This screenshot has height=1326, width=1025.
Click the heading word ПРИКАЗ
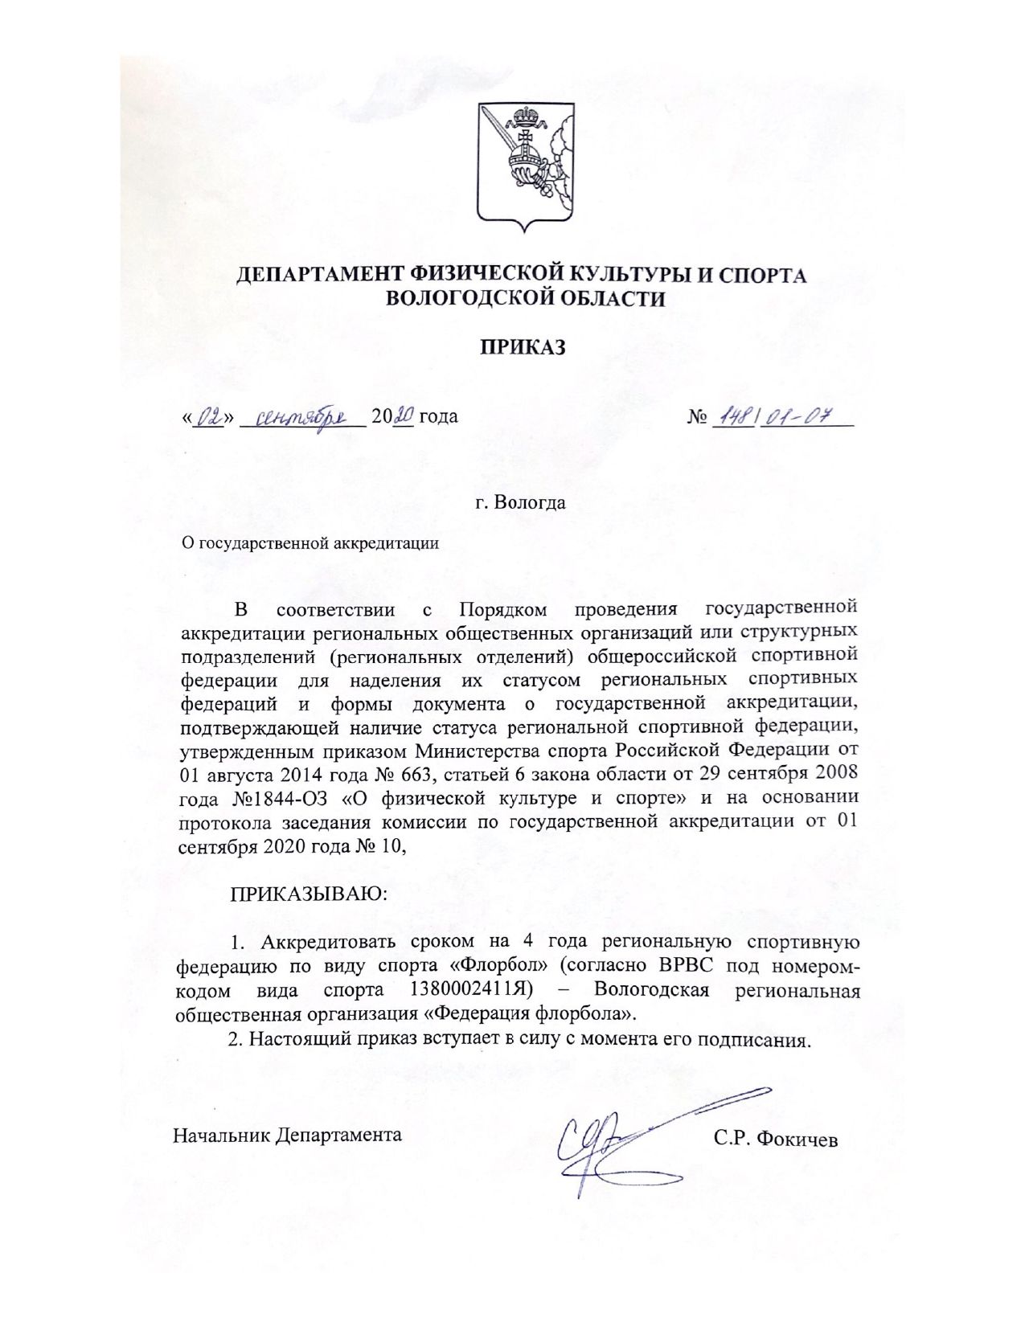[x=523, y=347]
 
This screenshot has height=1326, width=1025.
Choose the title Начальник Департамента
[x=287, y=1136]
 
